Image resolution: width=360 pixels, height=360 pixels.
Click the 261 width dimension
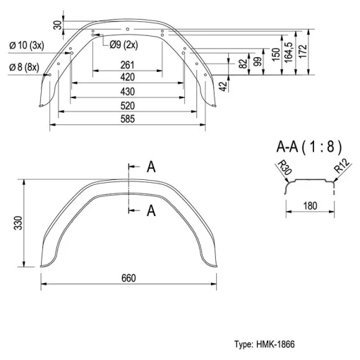pyautogui.click(x=127, y=65)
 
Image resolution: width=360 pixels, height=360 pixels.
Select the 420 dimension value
pyautogui.click(x=127, y=77)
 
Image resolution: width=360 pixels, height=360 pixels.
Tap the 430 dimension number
pyautogui.click(x=127, y=92)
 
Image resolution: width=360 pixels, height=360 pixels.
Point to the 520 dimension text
pyautogui.click(x=127, y=106)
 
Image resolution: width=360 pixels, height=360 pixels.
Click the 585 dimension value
pyautogui.click(x=127, y=119)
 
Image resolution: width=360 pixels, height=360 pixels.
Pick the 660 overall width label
pyautogui.click(x=128, y=278)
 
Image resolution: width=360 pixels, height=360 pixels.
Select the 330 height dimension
pyautogui.click(x=18, y=222)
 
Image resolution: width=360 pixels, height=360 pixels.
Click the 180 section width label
pyautogui.click(x=310, y=206)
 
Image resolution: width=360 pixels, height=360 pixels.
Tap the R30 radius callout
pyautogui.click(x=284, y=168)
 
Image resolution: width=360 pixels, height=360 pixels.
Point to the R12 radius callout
pyautogui.click(x=342, y=166)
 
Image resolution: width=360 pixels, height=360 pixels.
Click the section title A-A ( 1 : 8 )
pyautogui.click(x=308, y=147)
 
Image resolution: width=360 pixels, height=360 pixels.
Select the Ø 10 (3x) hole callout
pyautogui.click(x=27, y=45)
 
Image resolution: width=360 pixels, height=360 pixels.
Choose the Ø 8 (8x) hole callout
pyautogui.click(x=24, y=67)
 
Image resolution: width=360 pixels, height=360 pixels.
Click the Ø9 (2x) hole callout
pyautogui.click(x=124, y=44)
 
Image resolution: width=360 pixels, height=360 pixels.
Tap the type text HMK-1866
pyautogui.click(x=275, y=344)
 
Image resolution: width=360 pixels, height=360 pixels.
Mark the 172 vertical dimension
pyautogui.click(x=304, y=52)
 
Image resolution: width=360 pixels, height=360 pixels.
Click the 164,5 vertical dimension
pyautogui.click(x=289, y=53)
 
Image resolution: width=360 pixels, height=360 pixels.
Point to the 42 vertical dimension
pyautogui.click(x=224, y=86)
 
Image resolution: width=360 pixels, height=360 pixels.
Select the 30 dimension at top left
pyautogui.click(x=58, y=25)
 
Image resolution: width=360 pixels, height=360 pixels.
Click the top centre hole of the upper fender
pyautogui.click(x=128, y=29)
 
